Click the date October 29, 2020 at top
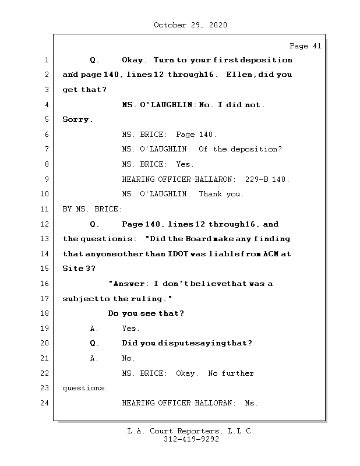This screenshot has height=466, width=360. click(190, 25)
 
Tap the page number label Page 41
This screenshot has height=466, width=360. click(305, 46)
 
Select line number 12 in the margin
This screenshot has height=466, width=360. click(45, 224)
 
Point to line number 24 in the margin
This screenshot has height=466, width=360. click(45, 403)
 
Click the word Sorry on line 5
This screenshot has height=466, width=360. click(76, 119)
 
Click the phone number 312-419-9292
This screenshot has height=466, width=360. click(191, 440)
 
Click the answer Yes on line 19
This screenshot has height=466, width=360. click(130, 328)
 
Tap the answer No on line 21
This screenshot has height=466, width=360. click(128, 358)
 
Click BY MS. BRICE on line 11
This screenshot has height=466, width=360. click(92, 209)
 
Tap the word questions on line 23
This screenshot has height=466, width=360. click(85, 387)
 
